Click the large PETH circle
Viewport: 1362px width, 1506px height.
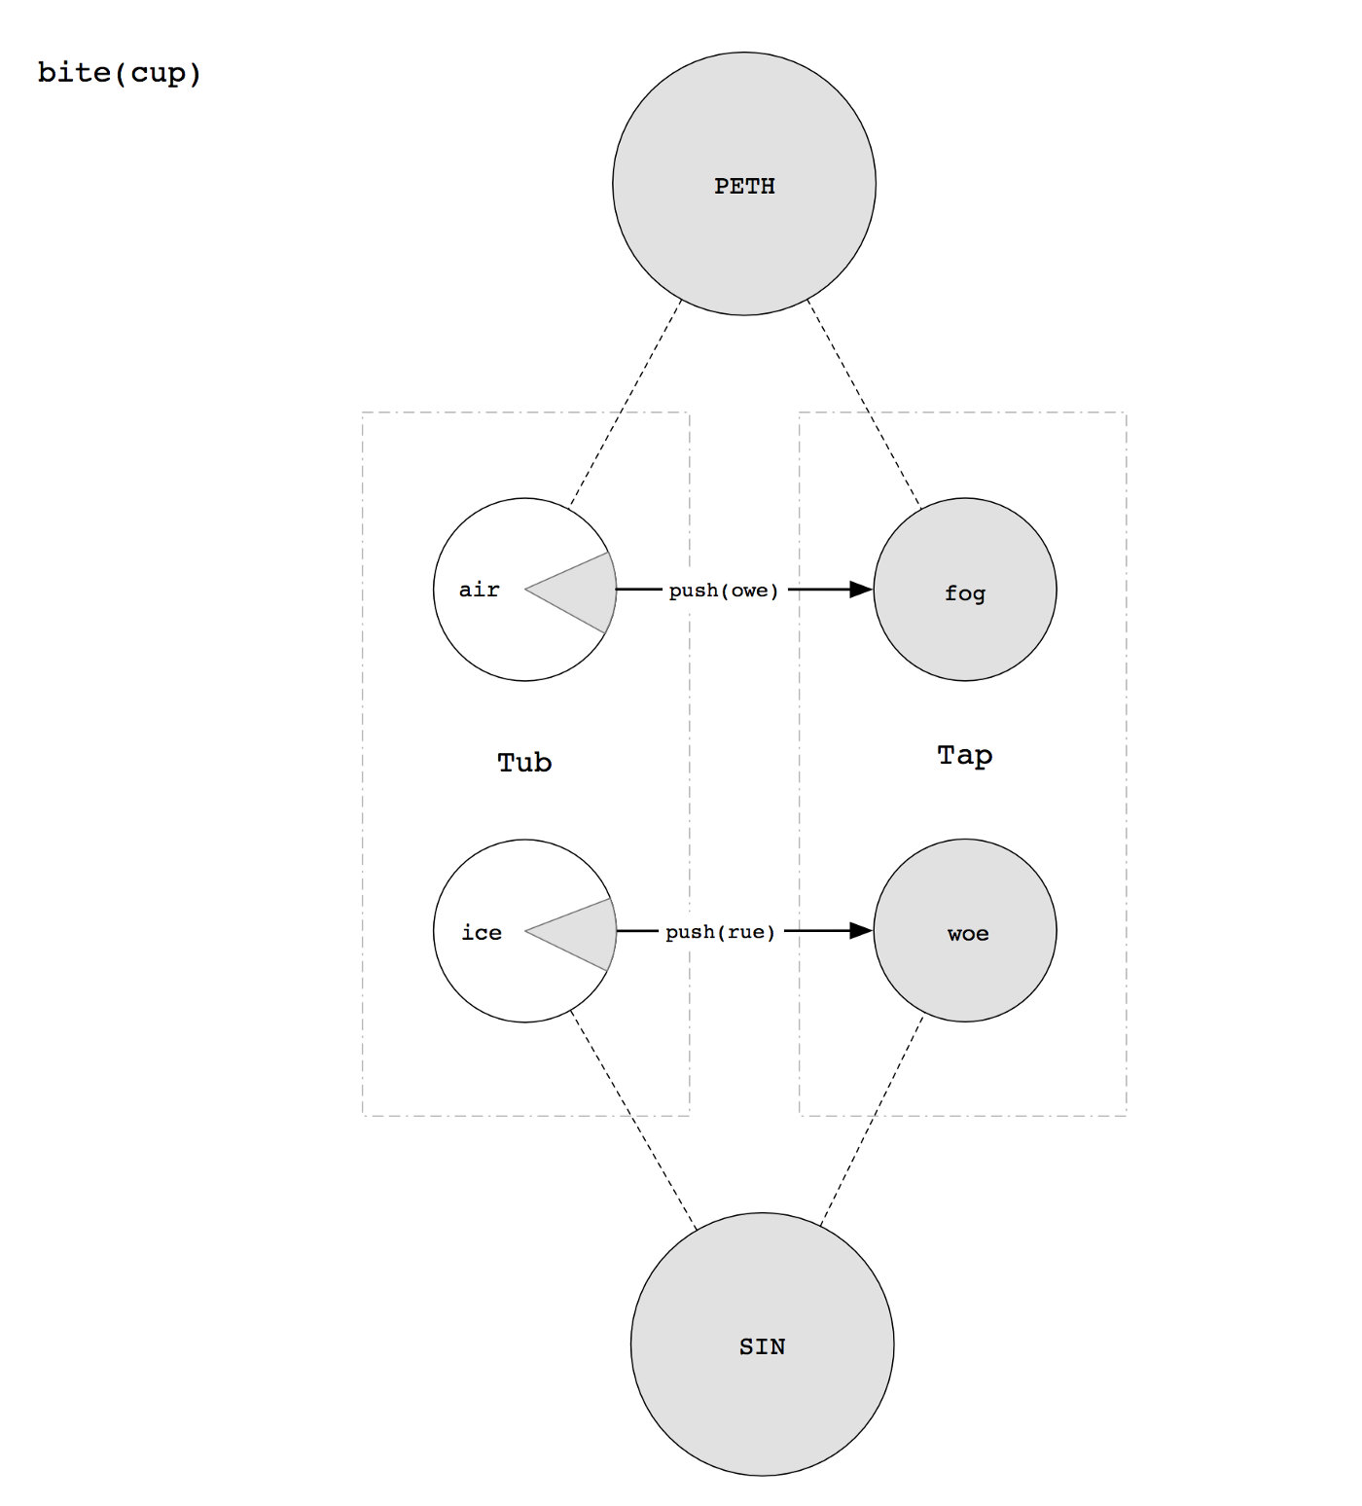coord(744,184)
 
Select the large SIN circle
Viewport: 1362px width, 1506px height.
coord(762,1345)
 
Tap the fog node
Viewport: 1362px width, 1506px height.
coord(965,590)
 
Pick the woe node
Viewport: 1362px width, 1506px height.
coord(965,931)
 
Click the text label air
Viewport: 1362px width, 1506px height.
coord(480,590)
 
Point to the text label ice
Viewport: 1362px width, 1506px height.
coord(482,932)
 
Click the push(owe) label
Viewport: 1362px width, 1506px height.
coord(724,591)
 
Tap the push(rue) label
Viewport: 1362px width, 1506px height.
coord(721,932)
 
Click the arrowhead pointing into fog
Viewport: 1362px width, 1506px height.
coord(862,590)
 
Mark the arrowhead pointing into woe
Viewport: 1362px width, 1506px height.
coord(862,931)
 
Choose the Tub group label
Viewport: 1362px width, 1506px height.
coord(525,762)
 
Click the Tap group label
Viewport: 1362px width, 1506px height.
coord(965,756)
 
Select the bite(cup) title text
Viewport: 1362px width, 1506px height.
coord(120,73)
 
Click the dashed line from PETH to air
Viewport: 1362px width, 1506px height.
coord(626,404)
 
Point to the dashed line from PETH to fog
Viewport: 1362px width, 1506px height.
coord(865,405)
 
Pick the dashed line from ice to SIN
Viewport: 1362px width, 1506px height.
coord(633,1122)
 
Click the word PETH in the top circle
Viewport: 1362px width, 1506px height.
coord(745,186)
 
